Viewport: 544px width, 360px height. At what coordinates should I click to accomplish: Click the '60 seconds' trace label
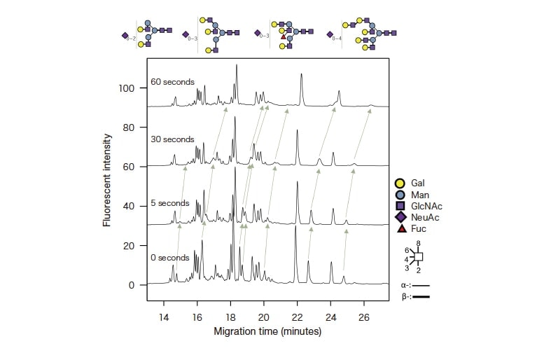[172, 82]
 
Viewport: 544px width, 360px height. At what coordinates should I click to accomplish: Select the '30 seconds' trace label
[172, 139]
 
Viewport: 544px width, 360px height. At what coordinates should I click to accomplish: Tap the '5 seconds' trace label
[170, 203]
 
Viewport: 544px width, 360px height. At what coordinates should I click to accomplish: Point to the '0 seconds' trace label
[170, 257]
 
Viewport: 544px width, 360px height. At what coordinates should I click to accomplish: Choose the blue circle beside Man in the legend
[400, 195]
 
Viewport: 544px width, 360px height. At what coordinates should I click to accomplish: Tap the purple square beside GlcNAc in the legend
[400, 206]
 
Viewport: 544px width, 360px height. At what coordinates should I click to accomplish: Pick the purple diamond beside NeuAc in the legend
[400, 217]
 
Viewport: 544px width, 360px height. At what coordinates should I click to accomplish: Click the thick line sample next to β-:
[421, 298]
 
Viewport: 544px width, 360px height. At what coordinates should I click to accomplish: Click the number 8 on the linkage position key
[418, 244]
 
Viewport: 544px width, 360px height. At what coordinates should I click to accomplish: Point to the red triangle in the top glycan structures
[284, 35]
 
